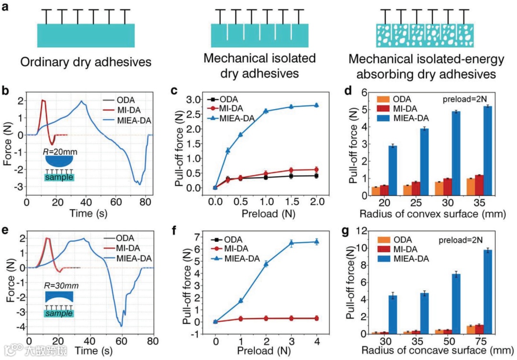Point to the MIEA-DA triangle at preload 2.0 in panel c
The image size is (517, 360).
point(316,105)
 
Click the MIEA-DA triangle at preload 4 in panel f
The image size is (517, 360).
point(315,242)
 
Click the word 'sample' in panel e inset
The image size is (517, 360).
point(59,314)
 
